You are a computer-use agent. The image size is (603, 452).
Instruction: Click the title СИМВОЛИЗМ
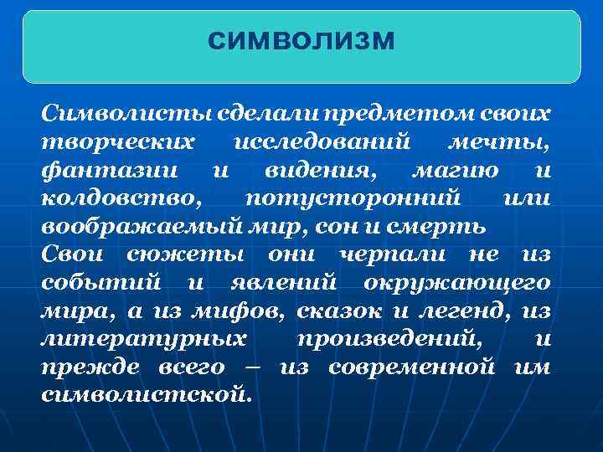301,39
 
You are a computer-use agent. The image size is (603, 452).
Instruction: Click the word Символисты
100,112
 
